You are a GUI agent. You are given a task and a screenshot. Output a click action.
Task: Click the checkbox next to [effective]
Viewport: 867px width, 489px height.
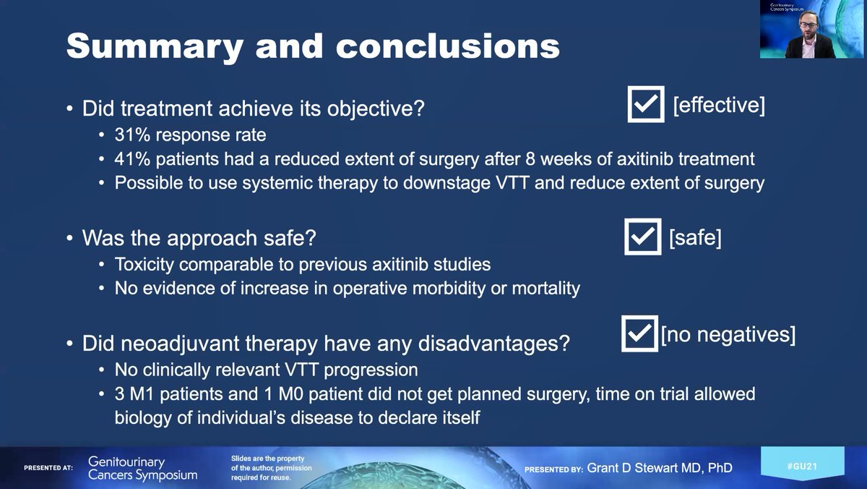[x=645, y=106]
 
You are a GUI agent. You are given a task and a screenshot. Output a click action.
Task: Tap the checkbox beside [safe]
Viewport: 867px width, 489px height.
[x=643, y=237]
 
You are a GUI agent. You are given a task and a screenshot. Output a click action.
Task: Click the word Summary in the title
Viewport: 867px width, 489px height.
[x=145, y=46]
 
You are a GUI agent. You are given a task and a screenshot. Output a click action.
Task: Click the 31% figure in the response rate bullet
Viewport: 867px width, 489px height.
[x=131, y=135]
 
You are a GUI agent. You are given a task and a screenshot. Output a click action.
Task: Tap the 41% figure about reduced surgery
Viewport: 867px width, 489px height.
[x=131, y=159]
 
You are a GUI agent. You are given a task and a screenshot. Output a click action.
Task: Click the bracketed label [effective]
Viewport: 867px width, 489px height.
[x=718, y=105]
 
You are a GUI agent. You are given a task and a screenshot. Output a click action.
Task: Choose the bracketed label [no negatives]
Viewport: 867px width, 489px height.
[x=728, y=335]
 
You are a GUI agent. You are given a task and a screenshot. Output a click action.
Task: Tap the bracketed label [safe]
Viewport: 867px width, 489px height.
[x=695, y=237]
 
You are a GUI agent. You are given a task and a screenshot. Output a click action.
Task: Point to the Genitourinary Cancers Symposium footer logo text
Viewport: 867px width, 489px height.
[x=142, y=468]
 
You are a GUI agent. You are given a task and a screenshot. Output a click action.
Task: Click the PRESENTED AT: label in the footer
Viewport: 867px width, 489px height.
[x=48, y=468]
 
